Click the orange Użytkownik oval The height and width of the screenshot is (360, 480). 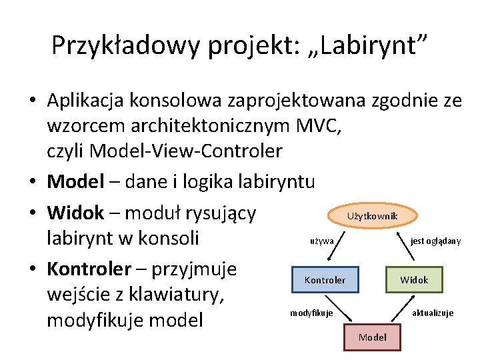click(x=372, y=216)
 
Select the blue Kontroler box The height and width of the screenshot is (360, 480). click(x=325, y=280)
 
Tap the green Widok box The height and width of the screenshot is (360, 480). click(x=413, y=280)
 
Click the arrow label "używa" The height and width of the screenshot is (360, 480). click(x=322, y=241)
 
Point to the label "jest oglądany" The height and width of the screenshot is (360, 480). click(x=435, y=241)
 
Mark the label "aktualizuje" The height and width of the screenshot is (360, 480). click(x=433, y=313)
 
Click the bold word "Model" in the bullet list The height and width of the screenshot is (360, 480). click(x=75, y=181)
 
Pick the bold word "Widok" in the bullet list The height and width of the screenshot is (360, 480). click(x=75, y=213)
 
